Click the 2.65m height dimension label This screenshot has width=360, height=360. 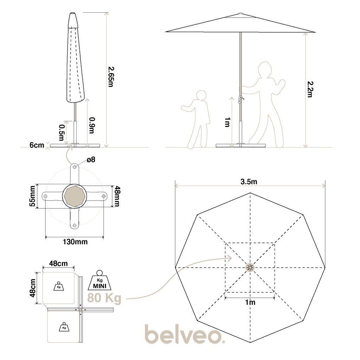(x=111, y=77)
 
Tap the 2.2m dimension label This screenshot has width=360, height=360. (x=310, y=89)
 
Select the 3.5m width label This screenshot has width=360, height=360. (x=249, y=182)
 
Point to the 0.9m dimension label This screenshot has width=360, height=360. (x=92, y=126)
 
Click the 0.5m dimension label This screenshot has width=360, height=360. (x=62, y=133)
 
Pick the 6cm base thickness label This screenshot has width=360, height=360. (x=37, y=145)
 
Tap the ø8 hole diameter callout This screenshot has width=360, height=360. (x=91, y=160)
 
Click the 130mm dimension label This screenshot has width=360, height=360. (x=75, y=242)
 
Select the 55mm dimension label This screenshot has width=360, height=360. (x=33, y=196)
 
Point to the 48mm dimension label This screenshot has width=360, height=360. (x=117, y=196)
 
